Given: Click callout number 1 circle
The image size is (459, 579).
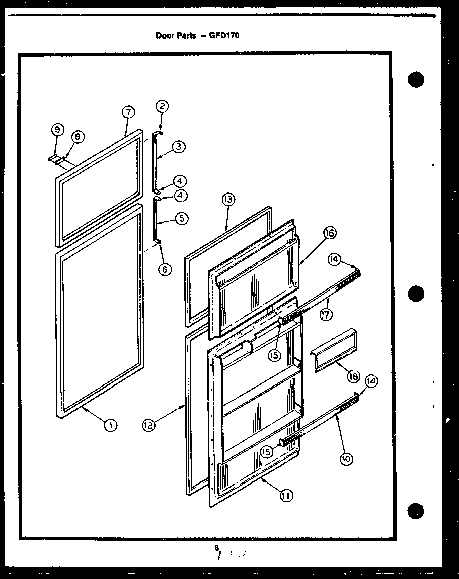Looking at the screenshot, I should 110,425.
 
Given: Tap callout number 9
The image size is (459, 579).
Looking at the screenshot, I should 57,130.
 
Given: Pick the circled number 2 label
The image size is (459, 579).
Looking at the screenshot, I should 162,106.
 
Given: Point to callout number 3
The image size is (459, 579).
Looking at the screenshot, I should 179,147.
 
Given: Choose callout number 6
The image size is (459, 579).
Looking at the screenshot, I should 164,269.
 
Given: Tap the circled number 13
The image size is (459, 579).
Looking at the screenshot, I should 228,200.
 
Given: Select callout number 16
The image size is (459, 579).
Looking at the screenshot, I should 330,233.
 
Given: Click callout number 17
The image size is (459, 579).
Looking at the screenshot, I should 326,315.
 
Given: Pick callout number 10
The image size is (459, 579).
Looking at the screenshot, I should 347,458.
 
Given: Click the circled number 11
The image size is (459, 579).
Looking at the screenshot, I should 286,496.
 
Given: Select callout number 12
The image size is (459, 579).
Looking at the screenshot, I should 148,425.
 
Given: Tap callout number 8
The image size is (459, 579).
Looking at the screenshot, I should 78,137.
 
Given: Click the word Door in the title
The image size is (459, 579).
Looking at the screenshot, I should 165,36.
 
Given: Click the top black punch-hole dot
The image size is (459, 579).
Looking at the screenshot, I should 415,80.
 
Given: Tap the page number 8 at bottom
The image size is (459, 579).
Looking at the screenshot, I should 216,548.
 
